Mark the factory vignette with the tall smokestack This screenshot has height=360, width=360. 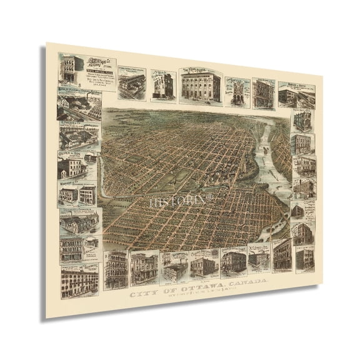pyautogui.click(x=132, y=82)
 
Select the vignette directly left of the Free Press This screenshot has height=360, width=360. pyautogui.click(x=162, y=84)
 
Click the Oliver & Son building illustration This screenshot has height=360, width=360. pyautogui.click(x=71, y=167)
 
